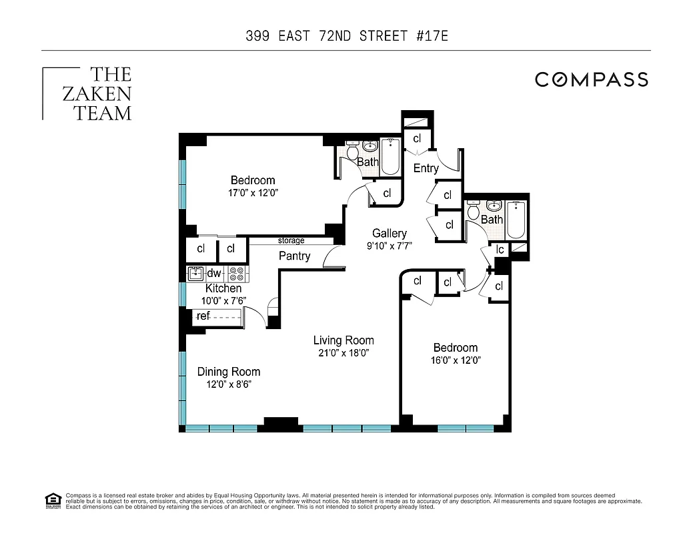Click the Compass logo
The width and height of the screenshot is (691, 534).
[x=591, y=79]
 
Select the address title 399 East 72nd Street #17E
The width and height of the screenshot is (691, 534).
[x=345, y=35]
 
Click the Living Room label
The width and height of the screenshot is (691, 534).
[x=343, y=340]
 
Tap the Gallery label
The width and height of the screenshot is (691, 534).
[x=390, y=233]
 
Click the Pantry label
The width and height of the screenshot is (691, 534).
[x=294, y=256]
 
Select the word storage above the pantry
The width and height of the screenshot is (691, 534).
[x=291, y=240]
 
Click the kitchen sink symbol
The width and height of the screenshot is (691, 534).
[x=196, y=273]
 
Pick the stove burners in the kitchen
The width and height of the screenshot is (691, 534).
[x=237, y=273]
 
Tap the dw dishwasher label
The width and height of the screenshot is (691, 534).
[x=214, y=273]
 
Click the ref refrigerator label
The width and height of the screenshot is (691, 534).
[x=203, y=316]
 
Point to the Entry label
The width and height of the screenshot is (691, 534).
[x=426, y=168]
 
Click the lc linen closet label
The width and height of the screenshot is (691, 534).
[x=499, y=249]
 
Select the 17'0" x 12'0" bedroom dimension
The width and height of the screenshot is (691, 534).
[x=252, y=193]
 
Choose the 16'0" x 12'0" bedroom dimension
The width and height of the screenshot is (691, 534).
[x=456, y=360]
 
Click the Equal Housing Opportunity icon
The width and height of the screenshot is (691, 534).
[x=52, y=500]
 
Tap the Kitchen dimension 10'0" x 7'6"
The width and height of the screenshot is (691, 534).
[x=223, y=300]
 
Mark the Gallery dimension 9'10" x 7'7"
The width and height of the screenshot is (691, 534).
[x=390, y=245]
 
